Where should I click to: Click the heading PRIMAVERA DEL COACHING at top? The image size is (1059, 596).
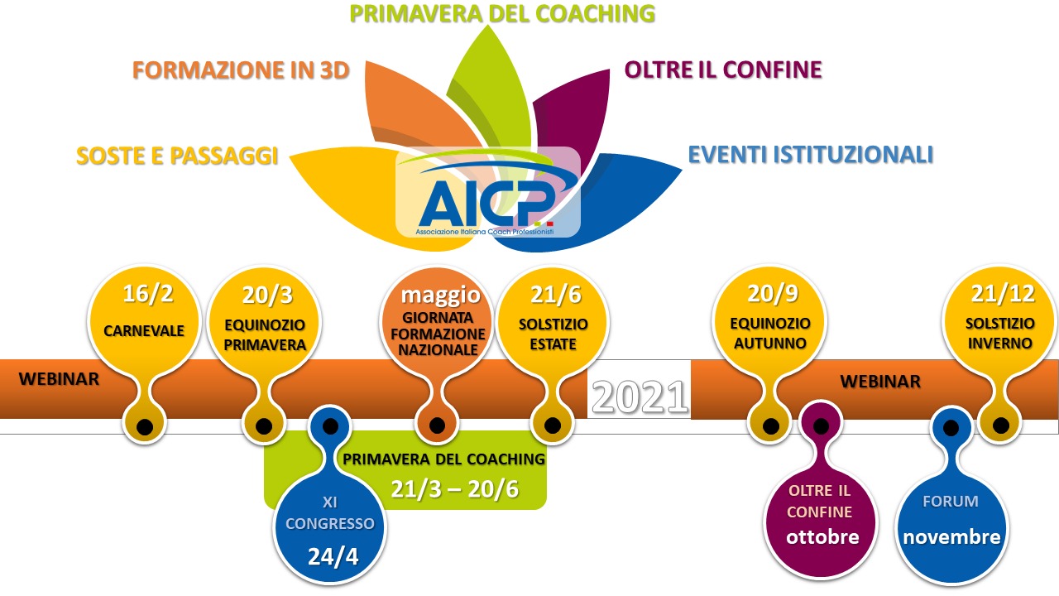[x=502, y=14]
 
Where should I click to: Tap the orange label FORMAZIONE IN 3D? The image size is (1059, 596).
[x=241, y=70]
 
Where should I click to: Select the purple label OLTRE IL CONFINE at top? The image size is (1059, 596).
[x=723, y=70]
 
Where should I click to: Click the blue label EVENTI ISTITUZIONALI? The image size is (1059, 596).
[x=811, y=154]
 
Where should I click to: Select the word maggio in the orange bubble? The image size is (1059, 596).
[x=440, y=295]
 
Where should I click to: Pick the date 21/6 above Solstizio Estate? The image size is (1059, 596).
[x=553, y=296]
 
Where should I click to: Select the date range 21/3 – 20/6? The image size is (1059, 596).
[x=454, y=489]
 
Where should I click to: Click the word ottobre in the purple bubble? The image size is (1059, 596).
[x=822, y=536]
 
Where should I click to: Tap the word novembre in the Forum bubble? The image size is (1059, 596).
[x=951, y=536]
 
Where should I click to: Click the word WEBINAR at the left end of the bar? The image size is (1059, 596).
[x=59, y=380]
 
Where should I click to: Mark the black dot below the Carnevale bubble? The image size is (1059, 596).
[x=144, y=427]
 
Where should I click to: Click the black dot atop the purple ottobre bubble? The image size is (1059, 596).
[x=822, y=427]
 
